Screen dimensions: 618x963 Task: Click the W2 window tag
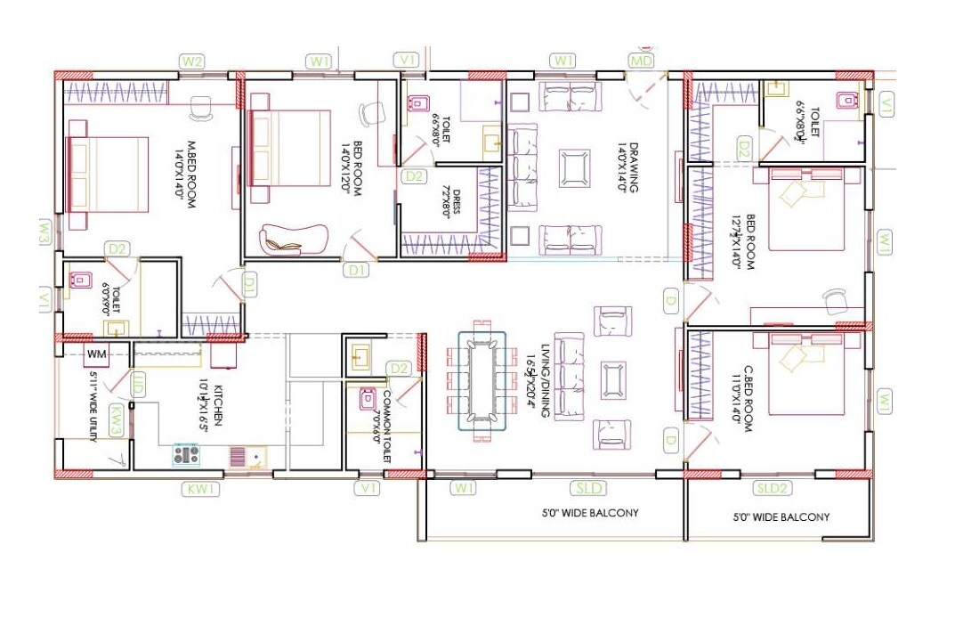click(192, 61)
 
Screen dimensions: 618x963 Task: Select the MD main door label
click(641, 61)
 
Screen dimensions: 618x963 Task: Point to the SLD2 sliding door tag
click(772, 488)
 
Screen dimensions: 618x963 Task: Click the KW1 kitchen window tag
click(200, 489)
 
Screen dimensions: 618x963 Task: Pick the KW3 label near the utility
click(116, 419)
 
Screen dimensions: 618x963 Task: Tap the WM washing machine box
click(97, 355)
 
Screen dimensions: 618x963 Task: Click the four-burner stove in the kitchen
click(186, 455)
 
